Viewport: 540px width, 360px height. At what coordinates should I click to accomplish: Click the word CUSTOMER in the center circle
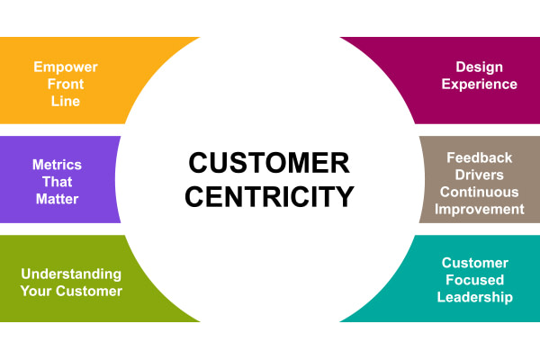coord(269,163)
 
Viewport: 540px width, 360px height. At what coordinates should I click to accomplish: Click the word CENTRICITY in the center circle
coord(270,195)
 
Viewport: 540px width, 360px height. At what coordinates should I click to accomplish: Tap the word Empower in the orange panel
coord(66,67)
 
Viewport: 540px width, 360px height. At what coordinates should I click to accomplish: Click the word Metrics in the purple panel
coord(57,165)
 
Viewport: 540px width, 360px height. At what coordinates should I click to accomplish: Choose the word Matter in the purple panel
coord(57,199)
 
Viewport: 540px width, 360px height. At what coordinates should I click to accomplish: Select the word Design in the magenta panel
coord(480,67)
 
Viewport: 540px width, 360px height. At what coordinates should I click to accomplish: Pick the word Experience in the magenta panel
coord(480,84)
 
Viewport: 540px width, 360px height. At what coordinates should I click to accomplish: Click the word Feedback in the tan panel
coord(480,157)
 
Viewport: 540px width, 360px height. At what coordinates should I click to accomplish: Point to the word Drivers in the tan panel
coord(480,174)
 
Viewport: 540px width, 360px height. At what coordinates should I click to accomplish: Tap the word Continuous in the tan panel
coord(480,191)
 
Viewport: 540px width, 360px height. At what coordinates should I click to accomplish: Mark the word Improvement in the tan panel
coord(480,209)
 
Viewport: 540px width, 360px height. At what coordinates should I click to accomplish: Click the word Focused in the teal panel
coord(475,280)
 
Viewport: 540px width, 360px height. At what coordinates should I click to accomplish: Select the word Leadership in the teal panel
coord(475,297)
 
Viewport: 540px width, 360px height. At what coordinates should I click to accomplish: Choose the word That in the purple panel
coord(57,182)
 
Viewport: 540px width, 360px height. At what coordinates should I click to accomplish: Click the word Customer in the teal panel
coord(475,263)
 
